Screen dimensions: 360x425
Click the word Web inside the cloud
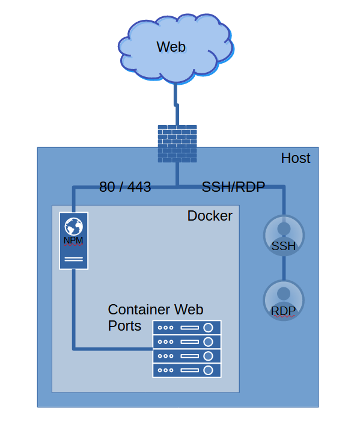coord(171,47)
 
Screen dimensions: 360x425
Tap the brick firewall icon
coord(177,144)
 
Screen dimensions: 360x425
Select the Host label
coord(296,158)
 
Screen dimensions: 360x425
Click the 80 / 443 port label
coord(125,187)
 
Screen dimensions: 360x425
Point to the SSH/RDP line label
coord(233,187)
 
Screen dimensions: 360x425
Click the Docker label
coord(210,216)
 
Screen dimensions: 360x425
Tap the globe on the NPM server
coord(73,226)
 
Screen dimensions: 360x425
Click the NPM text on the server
coord(73,240)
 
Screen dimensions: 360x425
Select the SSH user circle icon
coord(284,235)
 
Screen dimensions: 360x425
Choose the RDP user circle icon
coord(284,301)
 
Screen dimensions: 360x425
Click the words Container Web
coord(156,310)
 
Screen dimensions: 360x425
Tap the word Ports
coord(124,326)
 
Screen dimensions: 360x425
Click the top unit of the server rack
coord(187,328)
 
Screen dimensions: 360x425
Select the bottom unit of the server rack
coord(187,370)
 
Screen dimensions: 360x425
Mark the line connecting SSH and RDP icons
coord(284,268)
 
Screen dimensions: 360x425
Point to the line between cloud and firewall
coord(176,105)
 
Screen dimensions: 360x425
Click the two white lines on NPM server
coord(74,260)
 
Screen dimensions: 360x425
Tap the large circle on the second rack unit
coord(208,342)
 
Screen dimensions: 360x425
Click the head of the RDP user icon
coord(284,293)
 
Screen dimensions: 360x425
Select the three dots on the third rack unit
coord(165,356)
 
